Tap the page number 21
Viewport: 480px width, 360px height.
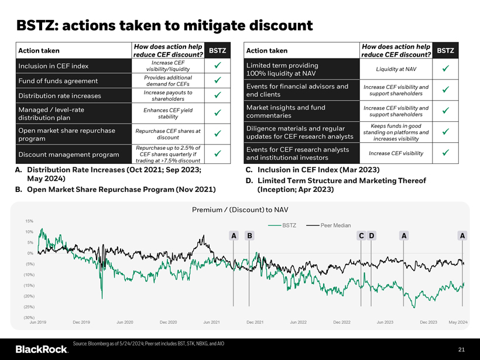point(461,349)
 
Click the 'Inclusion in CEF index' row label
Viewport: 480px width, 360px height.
point(53,66)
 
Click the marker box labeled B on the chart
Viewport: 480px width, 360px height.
point(249,236)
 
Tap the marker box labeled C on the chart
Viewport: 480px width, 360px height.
point(362,236)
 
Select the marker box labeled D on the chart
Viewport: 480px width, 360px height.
point(372,236)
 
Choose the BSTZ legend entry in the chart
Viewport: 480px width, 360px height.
point(282,225)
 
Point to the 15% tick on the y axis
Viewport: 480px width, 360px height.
point(29,221)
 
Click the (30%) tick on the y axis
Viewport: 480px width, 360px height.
point(28,317)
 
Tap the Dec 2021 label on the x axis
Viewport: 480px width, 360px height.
point(255,323)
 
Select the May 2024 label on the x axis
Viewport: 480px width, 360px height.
point(458,323)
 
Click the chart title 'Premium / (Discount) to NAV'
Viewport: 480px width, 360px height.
point(240,210)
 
